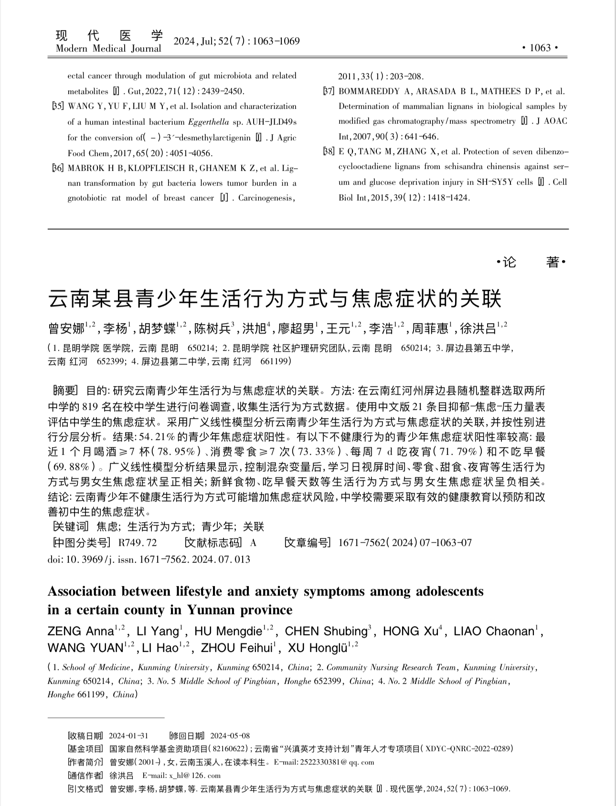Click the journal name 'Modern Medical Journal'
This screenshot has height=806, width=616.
click(108, 49)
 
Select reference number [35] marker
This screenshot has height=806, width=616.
click(57, 106)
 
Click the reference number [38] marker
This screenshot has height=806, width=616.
click(329, 152)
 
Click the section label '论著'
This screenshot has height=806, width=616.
click(531, 262)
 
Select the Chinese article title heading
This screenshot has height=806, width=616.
click(275, 299)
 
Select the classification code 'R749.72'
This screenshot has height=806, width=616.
click(138, 543)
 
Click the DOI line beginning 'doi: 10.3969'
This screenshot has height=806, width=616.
click(149, 559)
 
